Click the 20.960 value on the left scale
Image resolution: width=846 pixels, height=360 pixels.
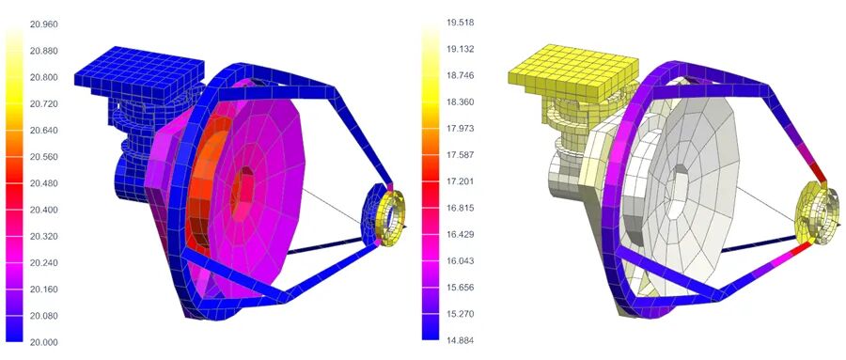coord(43,24)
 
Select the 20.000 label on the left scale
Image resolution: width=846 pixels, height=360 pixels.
coord(43,342)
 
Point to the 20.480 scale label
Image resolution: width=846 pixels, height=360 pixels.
coord(43,183)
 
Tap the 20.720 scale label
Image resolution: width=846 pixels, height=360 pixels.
coord(43,103)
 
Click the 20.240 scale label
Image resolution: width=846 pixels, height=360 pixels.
coord(43,263)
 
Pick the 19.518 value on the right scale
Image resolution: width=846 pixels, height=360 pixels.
coord(461,23)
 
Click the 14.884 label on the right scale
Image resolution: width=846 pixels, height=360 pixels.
coord(461,340)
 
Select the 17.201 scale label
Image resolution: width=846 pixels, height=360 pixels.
coord(461,181)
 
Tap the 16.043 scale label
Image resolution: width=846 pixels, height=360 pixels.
coord(461,260)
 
